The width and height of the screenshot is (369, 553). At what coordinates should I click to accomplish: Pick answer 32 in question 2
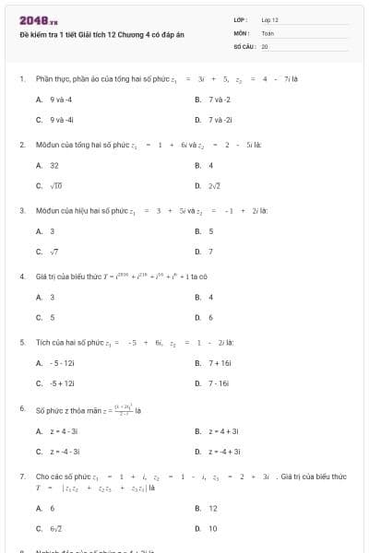click(x=54, y=165)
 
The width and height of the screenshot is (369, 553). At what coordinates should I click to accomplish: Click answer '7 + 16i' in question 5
click(x=220, y=362)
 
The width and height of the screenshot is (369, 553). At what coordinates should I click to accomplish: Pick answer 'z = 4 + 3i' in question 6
click(x=224, y=430)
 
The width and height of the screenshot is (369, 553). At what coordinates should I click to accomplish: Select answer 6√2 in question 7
click(x=56, y=528)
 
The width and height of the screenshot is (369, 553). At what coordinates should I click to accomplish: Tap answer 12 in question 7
click(x=213, y=508)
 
